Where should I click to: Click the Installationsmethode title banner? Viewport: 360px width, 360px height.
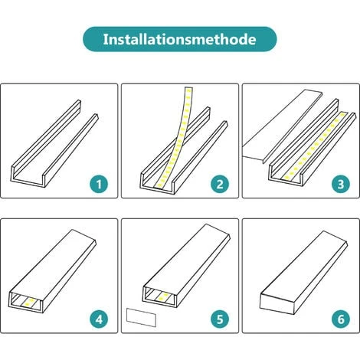179,38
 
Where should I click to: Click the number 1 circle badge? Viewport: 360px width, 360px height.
97,184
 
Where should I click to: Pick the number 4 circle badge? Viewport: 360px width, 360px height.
97,317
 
